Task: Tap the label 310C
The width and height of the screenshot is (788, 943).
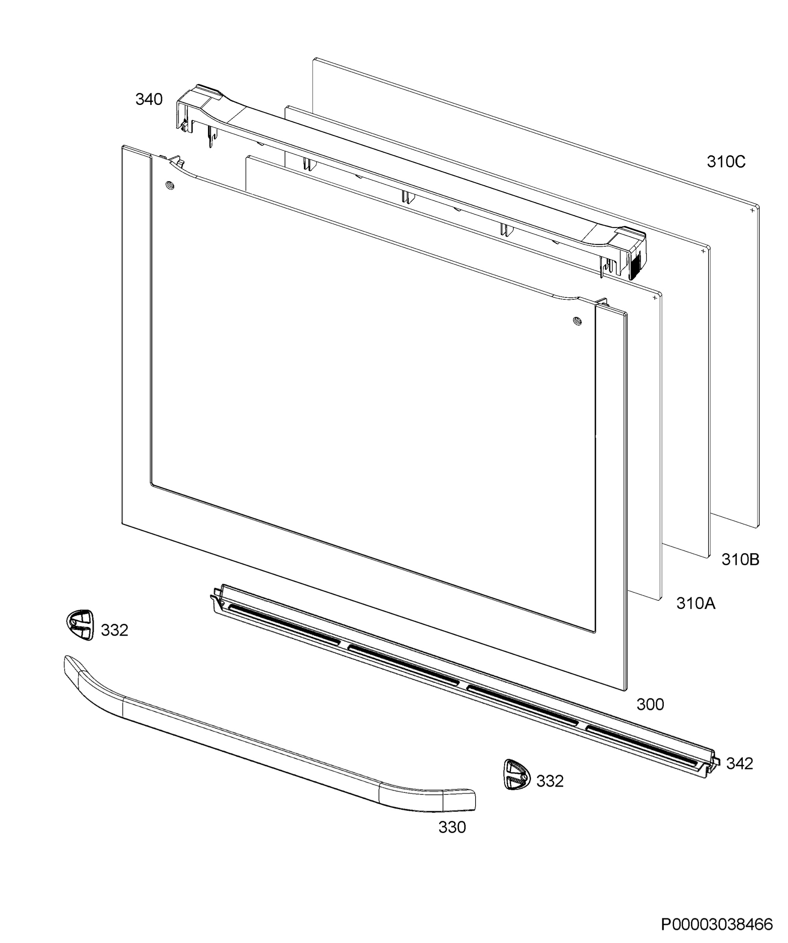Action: click(x=726, y=161)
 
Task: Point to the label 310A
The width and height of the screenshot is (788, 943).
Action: click(x=696, y=604)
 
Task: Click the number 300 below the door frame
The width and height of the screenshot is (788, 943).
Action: click(x=650, y=704)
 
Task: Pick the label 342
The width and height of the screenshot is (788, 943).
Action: click(x=740, y=763)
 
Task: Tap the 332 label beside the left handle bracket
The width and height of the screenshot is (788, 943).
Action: click(x=114, y=631)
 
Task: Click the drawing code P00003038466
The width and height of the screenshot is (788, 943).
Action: click(x=717, y=925)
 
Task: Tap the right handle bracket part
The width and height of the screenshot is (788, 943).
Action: click(x=516, y=774)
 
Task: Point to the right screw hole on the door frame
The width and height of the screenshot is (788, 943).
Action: click(x=577, y=321)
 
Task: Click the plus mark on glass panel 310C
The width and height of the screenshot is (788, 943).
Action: click(x=753, y=210)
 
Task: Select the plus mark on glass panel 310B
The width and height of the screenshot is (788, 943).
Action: click(x=703, y=251)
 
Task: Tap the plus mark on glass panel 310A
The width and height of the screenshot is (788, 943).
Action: click(x=654, y=297)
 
